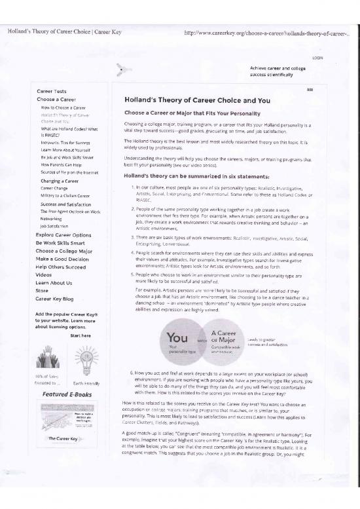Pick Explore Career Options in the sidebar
coord(63,235)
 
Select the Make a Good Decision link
coord(63,258)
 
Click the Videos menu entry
coord(44,274)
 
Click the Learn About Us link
coord(54,282)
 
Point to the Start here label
coord(79,335)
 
